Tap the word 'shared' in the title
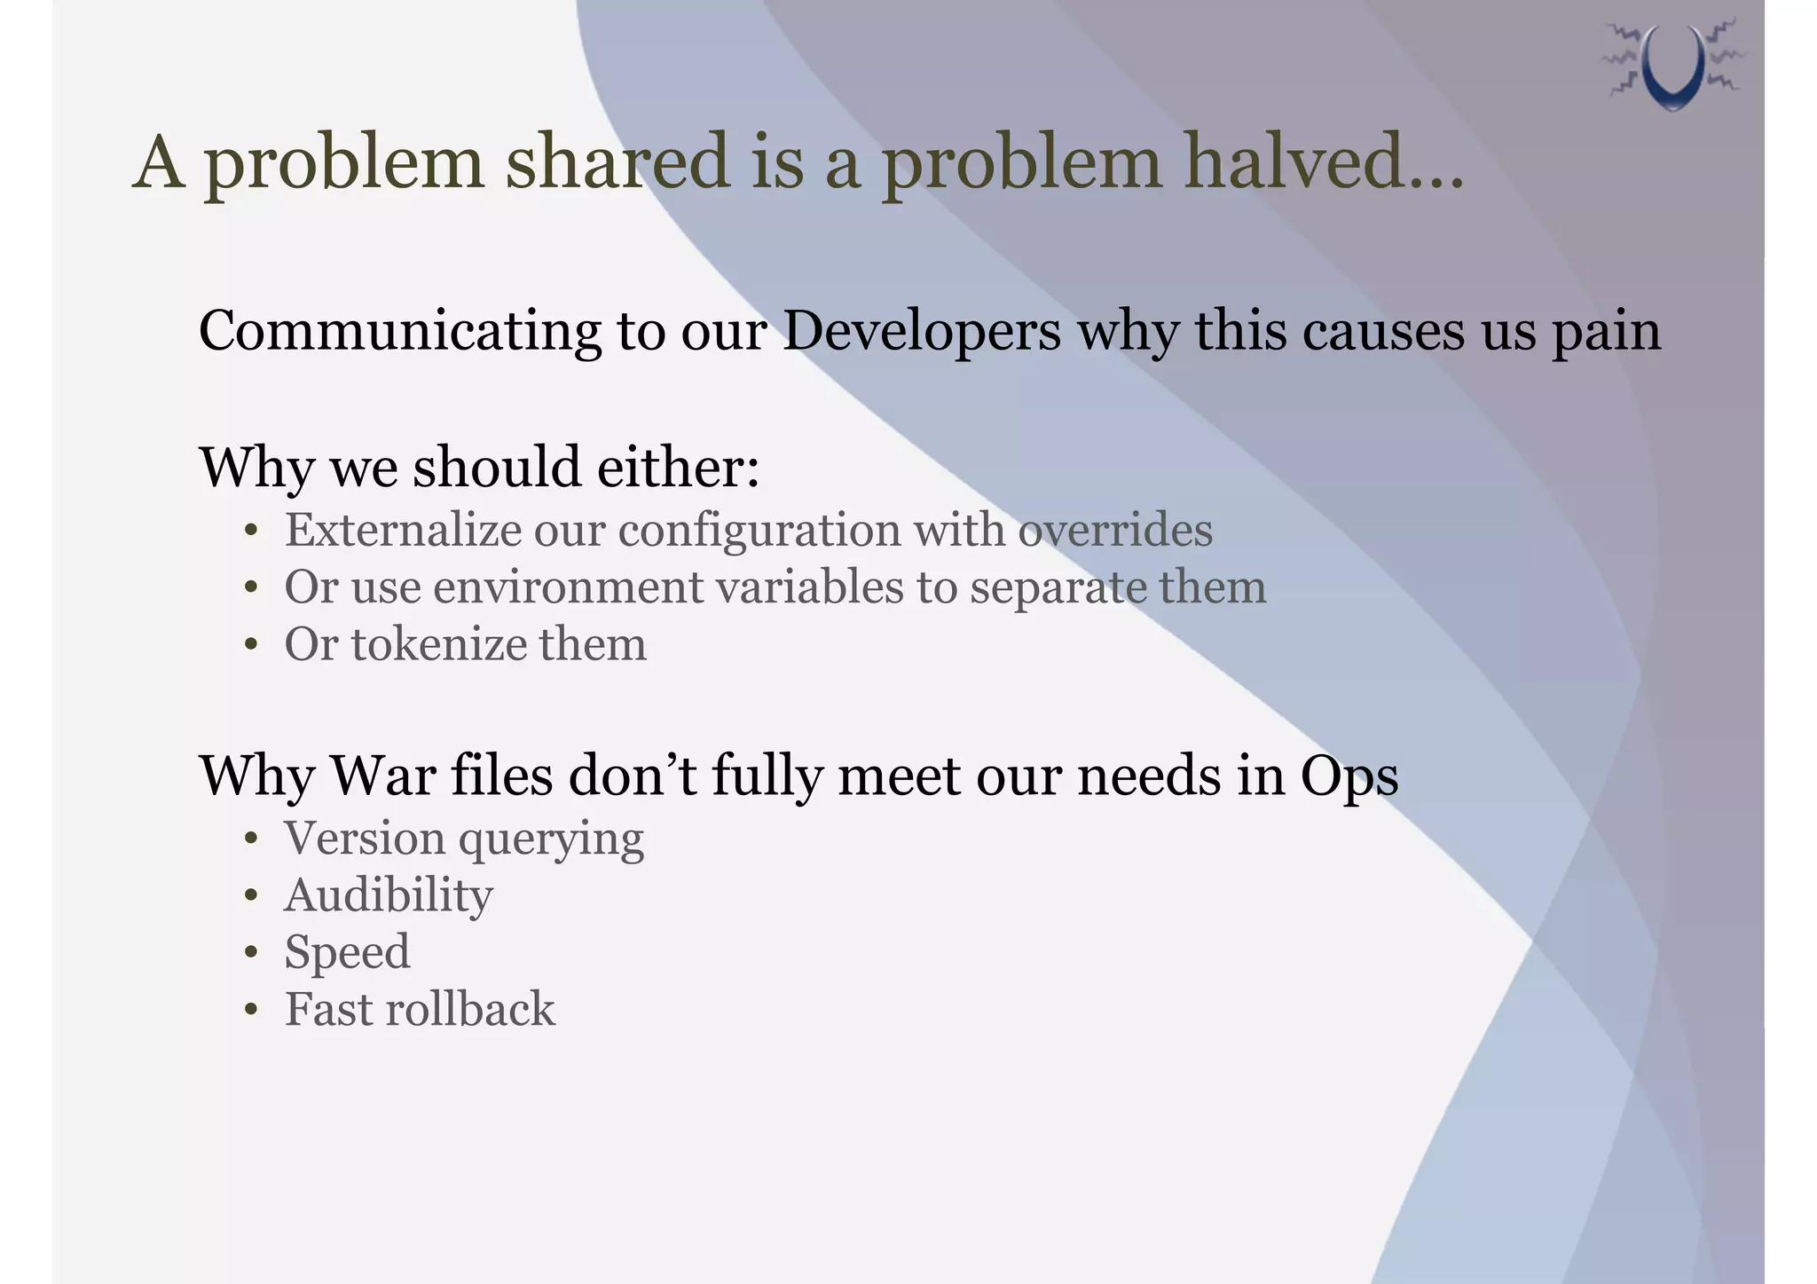point(617,162)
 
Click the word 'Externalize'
point(403,531)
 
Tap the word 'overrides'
point(1115,531)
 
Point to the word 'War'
point(382,776)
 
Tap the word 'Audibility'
point(389,895)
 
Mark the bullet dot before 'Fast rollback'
point(252,1011)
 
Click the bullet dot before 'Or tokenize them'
point(252,645)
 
